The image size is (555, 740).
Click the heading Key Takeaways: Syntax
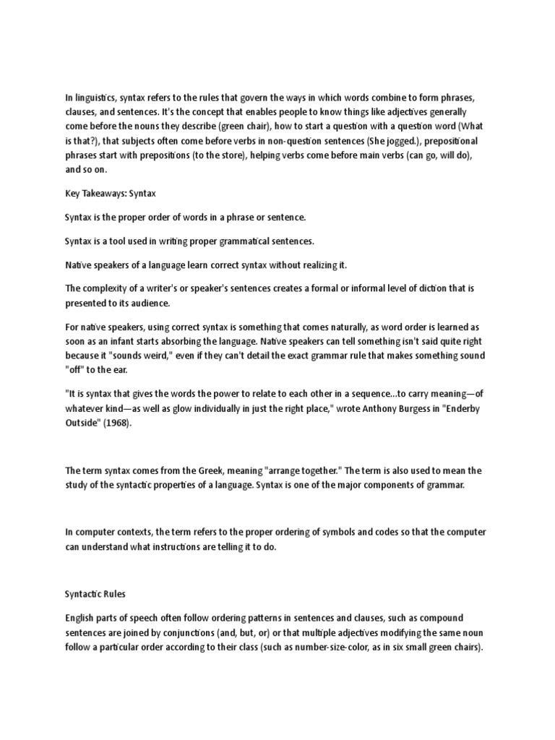111,194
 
